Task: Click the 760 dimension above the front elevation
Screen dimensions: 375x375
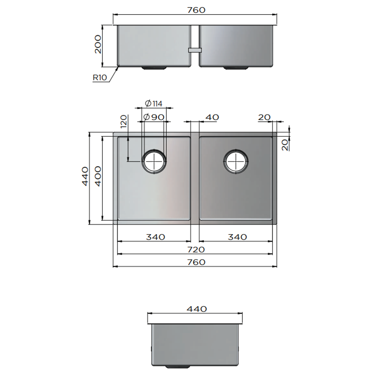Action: pyautogui.click(x=196, y=10)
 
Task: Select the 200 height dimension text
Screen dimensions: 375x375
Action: pyautogui.click(x=98, y=44)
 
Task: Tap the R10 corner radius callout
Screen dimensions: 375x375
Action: pyautogui.click(x=100, y=78)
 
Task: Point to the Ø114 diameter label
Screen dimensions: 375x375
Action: pyautogui.click(x=153, y=103)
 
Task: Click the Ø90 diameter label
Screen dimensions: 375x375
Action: pyautogui.click(x=153, y=117)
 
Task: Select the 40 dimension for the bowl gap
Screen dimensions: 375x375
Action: pyautogui.click(x=212, y=117)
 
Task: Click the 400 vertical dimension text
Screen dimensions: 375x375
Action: pyautogui.click(x=98, y=176)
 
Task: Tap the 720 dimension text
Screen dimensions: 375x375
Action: pyautogui.click(x=196, y=249)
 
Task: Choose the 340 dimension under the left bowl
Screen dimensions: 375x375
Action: pyautogui.click(x=155, y=237)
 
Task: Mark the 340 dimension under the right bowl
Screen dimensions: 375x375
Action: pyautogui.click(x=237, y=237)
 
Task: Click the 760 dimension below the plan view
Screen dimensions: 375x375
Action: pyautogui.click(x=196, y=262)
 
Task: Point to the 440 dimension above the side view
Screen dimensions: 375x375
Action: pyautogui.click(x=197, y=309)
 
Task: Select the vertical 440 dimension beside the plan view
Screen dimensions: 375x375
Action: pyautogui.click(x=85, y=176)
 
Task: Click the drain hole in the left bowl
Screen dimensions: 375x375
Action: pyautogui.click(x=154, y=161)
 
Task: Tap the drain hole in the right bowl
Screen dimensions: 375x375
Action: pyautogui.click(x=236, y=161)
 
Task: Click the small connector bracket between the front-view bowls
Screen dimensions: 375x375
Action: pyautogui.click(x=195, y=50)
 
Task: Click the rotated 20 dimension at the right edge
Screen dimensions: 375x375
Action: pyautogui.click(x=285, y=144)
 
